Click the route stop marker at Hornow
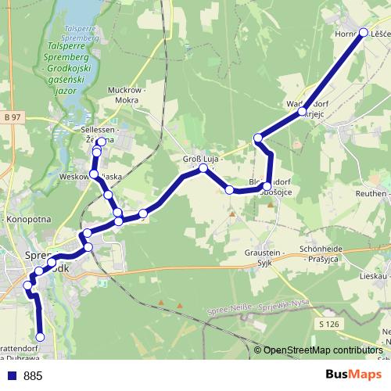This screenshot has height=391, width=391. click(364, 32)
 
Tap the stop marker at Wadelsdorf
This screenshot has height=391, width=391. click(302, 113)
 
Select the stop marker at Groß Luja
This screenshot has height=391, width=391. click(203, 168)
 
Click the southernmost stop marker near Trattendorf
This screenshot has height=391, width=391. click(41, 337)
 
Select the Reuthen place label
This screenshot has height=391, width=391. click(371, 193)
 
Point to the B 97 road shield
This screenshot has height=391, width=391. click(11, 117)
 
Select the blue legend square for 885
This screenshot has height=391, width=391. click(12, 376)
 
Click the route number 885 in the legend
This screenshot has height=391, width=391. click(33, 376)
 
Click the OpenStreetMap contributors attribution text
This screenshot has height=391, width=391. click(322, 350)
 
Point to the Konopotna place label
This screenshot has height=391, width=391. click(28, 220)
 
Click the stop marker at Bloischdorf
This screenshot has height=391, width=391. click(267, 186)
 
